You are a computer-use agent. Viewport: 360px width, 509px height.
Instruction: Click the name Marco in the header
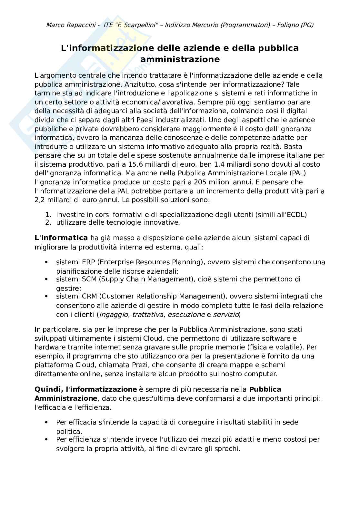pyautogui.click(x=55, y=25)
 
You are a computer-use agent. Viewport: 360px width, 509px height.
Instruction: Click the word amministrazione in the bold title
pyautogui.click(x=180, y=59)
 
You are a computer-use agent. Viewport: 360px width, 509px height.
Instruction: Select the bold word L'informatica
pyautogui.click(x=61, y=238)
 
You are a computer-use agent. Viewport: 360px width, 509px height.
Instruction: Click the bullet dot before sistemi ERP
pyautogui.click(x=47, y=262)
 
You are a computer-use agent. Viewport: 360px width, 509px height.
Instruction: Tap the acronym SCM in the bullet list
pyautogui.click(x=89, y=279)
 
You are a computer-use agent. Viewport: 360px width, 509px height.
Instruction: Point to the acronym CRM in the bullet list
pyautogui.click(x=89, y=296)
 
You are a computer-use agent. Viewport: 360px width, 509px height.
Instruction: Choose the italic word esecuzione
pyautogui.click(x=186, y=314)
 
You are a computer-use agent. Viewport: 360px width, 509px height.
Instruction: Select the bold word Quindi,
pyautogui.click(x=48, y=389)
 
